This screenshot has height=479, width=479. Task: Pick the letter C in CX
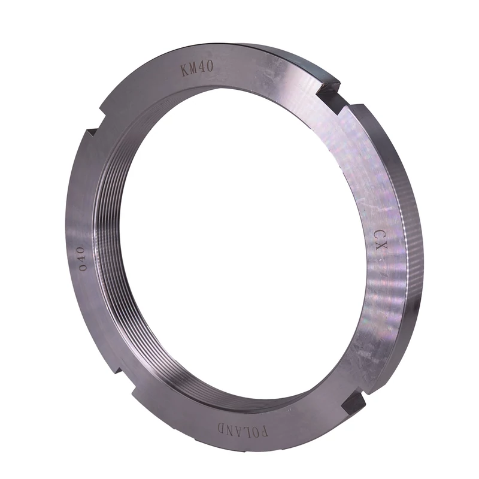pos(378,235)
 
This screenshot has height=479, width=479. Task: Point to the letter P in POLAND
pos(265,432)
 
